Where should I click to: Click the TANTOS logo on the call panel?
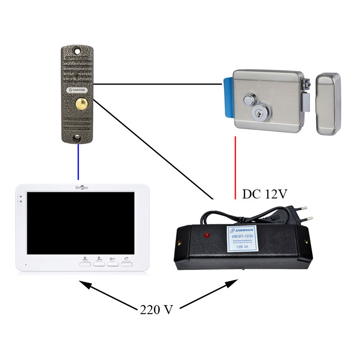click(x=76, y=90)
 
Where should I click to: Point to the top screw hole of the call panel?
click(x=77, y=50)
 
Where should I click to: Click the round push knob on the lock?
click(x=248, y=99)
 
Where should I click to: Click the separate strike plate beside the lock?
click(x=328, y=104)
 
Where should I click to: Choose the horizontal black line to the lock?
click(x=157, y=84)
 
